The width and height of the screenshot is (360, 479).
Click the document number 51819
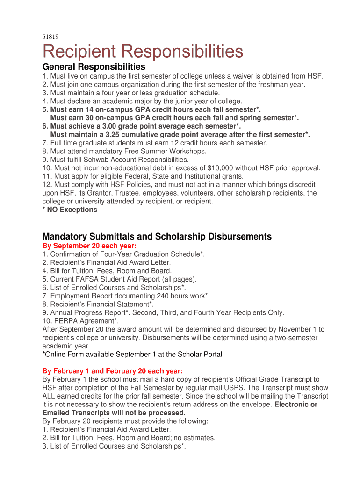pos(50,36)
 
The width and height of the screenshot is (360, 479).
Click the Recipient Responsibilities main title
pos(143,51)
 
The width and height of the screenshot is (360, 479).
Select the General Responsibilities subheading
pos(94,67)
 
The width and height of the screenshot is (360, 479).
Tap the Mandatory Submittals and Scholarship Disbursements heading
pos(157,237)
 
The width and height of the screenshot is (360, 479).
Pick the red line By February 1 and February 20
pos(113,371)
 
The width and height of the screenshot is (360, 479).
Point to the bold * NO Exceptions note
pos(70,210)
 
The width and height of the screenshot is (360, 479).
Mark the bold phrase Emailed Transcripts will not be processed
pos(114,413)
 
